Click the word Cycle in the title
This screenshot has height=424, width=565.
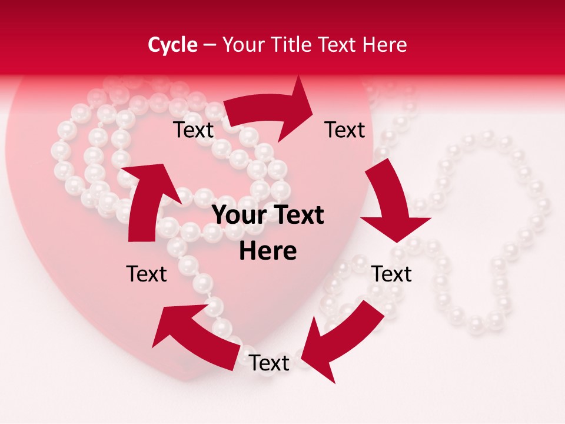coord(172,45)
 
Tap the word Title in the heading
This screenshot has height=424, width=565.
coord(291,45)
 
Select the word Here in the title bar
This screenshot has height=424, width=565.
coord(384,45)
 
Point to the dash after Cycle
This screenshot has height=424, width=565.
coord(210,45)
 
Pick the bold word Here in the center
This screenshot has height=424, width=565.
coord(268,251)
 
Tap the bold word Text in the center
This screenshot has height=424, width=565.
coord(297,216)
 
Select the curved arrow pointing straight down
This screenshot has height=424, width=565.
coord(388,200)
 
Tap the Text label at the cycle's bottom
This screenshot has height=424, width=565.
coord(269,363)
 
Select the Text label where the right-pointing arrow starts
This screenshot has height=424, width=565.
coord(193,130)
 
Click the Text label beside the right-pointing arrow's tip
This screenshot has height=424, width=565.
coord(345,130)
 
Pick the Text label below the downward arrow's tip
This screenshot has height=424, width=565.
coord(392,274)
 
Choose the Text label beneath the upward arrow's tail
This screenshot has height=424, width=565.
coord(147,274)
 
